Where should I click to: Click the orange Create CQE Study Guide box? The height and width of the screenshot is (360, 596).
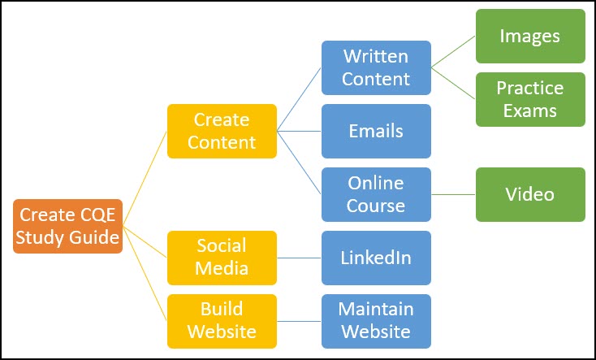click(68, 226)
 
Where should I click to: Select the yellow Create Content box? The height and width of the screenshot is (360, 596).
click(222, 131)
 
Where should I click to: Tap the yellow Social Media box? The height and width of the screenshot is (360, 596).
click(222, 258)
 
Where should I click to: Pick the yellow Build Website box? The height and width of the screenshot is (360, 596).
click(222, 321)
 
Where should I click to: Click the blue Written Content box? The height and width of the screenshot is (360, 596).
click(376, 67)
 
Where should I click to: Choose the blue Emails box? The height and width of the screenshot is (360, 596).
click(376, 131)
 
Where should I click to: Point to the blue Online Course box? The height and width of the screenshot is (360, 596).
click(376, 194)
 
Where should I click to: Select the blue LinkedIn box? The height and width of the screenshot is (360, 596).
click(376, 258)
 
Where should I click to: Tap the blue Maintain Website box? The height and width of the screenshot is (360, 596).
click(376, 321)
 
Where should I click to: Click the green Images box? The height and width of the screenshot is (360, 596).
click(530, 36)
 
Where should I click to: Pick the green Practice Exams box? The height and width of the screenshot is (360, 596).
click(530, 99)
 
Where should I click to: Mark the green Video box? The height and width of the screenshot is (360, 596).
click(530, 194)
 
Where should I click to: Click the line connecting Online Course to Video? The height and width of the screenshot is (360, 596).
click(453, 194)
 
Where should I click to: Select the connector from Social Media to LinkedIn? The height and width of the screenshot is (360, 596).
click(299, 258)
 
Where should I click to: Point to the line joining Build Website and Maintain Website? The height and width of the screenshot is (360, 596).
click(299, 321)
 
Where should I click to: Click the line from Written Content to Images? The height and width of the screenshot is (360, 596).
click(453, 51)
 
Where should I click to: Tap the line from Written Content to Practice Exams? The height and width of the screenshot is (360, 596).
click(453, 83)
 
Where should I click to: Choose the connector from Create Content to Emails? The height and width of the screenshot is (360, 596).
click(299, 131)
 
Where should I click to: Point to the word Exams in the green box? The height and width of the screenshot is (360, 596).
click(530, 110)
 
